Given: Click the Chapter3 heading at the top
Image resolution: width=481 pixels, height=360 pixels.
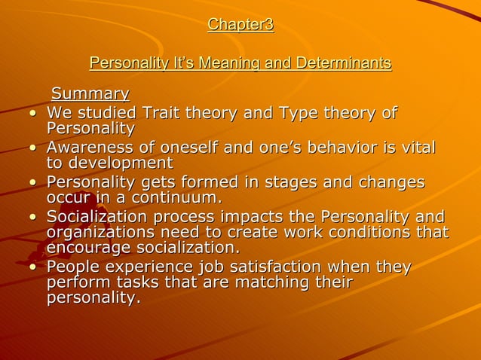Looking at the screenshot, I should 240,25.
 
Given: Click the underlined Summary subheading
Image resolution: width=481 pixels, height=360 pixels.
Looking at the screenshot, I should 90,94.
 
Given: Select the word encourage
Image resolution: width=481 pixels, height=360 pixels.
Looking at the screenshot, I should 90,248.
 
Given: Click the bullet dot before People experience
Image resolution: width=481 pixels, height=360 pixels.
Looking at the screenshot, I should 32,268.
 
